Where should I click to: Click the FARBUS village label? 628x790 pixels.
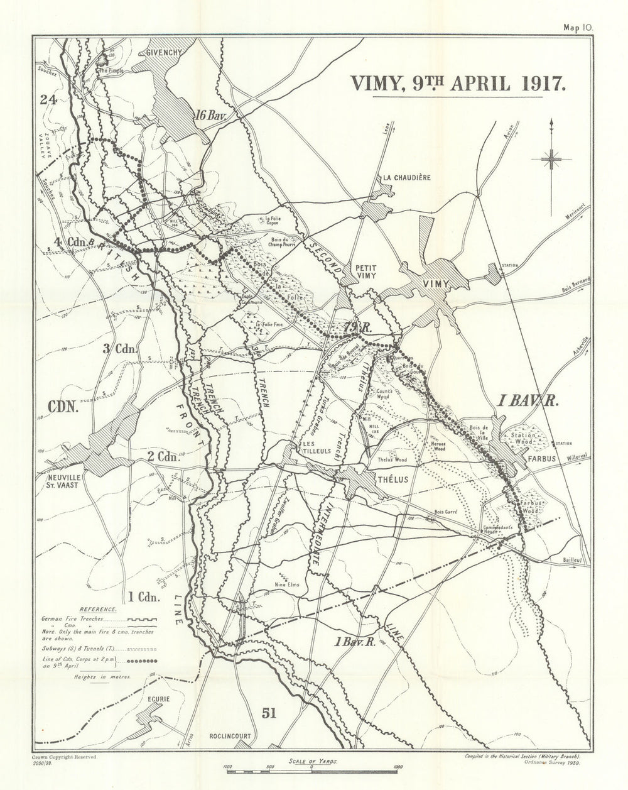click(543, 459)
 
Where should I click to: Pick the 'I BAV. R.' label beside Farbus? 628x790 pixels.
click(528, 401)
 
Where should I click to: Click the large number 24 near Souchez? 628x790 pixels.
click(48, 99)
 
